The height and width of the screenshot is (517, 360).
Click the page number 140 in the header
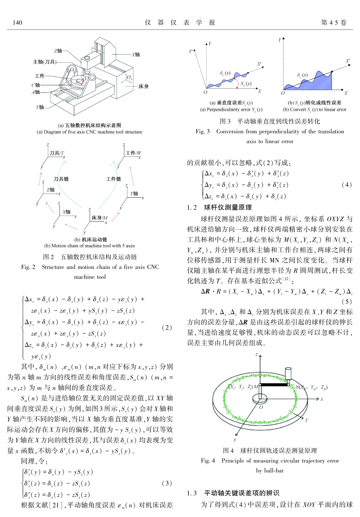[17, 23]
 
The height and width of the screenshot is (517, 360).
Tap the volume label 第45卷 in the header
[333, 23]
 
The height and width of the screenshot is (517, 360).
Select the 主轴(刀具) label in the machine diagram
[45, 62]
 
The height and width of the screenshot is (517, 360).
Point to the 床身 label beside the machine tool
[143, 86]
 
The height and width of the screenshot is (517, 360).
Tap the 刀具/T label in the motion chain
[56, 153]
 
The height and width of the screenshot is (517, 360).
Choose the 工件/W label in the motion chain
[133, 153]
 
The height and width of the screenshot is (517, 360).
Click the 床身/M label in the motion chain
[99, 218]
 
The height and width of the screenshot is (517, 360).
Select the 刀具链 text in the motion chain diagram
[61, 179]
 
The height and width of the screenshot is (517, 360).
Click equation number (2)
[167, 327]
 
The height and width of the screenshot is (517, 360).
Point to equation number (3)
[167, 483]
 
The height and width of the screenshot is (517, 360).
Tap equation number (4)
[346, 184]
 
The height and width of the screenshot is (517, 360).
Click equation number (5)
[346, 301]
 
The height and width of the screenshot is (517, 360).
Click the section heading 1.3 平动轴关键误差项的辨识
[233, 493]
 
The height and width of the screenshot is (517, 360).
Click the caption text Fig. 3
[202, 131]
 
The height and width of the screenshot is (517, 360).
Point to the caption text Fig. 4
[208, 461]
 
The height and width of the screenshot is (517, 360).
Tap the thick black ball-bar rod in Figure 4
[274, 385]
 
